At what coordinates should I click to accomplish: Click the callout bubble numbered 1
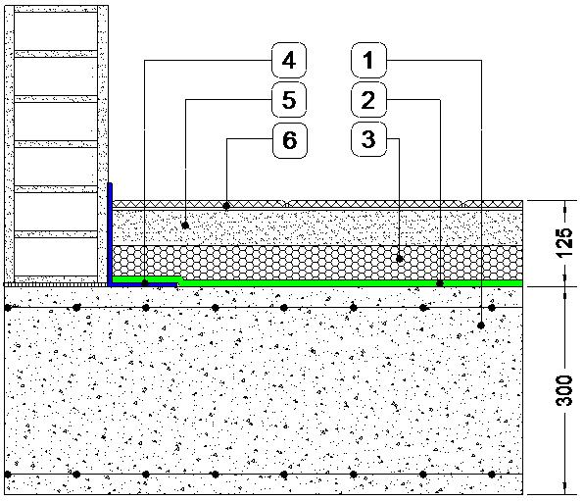[x=368, y=60]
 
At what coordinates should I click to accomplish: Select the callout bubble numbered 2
[x=368, y=100]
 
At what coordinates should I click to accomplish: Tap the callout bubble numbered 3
[x=368, y=139]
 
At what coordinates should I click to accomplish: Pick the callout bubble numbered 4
[x=289, y=60]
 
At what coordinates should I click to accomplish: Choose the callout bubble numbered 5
[x=289, y=100]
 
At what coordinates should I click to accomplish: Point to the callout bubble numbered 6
[x=290, y=140]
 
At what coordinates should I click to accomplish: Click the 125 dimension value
[x=563, y=242]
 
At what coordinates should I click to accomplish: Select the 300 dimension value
[x=563, y=390]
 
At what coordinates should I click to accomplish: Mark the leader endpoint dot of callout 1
[x=481, y=326]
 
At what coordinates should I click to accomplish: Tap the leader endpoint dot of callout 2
[x=440, y=283]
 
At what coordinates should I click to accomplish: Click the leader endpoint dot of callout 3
[x=400, y=259]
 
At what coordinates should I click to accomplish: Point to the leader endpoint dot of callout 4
[x=145, y=283]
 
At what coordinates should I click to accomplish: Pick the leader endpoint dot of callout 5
[x=185, y=225]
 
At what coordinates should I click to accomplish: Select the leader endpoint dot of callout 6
[x=226, y=205]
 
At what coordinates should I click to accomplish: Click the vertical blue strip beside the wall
[x=110, y=233]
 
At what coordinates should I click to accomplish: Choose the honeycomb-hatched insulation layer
[x=317, y=262]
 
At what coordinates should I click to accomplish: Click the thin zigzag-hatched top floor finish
[x=317, y=204]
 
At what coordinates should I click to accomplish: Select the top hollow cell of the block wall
[x=56, y=31]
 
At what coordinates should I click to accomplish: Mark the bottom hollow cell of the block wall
[x=56, y=257]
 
